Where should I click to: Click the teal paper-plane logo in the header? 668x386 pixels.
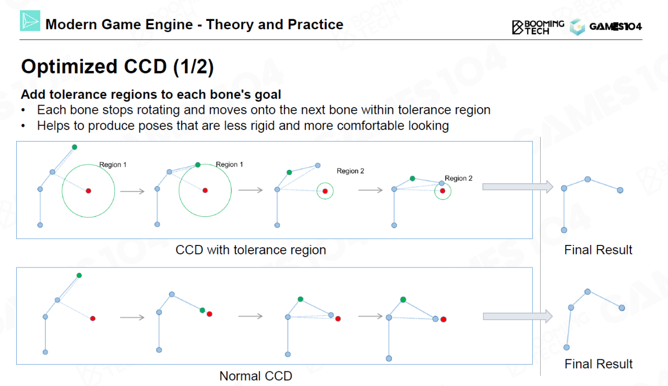coord(30,20)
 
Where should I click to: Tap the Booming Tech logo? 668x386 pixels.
coord(538,27)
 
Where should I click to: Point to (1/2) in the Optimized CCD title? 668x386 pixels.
coord(194,66)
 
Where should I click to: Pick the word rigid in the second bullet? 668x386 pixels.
coord(263,126)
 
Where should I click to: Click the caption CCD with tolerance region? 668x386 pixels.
coord(250,250)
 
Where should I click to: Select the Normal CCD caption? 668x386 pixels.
coord(256,376)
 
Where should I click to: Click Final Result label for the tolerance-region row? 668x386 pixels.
coord(598,250)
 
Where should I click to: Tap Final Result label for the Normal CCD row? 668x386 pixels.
coord(598,364)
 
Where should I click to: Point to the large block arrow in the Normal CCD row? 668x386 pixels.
coord(518,316)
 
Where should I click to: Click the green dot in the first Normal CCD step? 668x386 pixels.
coord(79,275)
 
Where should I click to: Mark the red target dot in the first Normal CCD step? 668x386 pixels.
coord(93,319)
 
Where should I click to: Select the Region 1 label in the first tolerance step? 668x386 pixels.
coord(113,165)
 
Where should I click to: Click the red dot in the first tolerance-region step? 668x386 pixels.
coord(88,191)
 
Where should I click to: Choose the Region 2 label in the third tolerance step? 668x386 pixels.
coord(350,171)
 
